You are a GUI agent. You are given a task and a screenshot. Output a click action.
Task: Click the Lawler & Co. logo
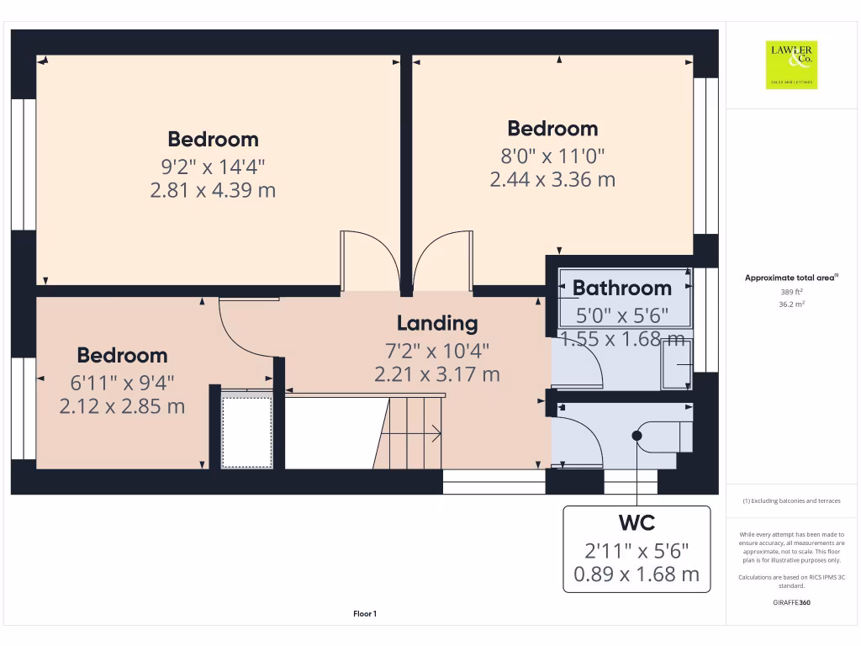coord(791,65)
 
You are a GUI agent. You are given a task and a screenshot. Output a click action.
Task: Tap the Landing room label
coord(437,323)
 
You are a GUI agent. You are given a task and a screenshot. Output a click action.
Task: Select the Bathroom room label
coord(622,288)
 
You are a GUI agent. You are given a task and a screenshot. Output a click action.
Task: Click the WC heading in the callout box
coord(637,523)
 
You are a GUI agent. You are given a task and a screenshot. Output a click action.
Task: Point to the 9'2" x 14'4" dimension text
coord(213,165)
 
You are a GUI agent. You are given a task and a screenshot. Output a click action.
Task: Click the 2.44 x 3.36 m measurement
coord(552,179)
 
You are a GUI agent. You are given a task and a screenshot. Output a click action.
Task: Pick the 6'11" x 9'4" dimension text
coord(123,382)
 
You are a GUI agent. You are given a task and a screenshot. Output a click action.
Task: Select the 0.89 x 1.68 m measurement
coord(637,575)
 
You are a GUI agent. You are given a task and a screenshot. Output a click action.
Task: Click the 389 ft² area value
coord(791,291)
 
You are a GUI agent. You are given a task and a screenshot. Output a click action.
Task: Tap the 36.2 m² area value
coord(791,304)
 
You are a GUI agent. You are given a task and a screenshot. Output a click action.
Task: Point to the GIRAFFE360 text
coord(791,602)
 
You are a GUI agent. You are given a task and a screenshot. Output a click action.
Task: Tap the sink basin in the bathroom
coord(676,364)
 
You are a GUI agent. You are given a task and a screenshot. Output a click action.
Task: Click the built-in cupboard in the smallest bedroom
coord(246,431)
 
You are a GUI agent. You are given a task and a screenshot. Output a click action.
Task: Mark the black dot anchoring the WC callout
coord(637,436)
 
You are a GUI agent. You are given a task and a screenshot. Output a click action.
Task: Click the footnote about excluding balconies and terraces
coord(791,500)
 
